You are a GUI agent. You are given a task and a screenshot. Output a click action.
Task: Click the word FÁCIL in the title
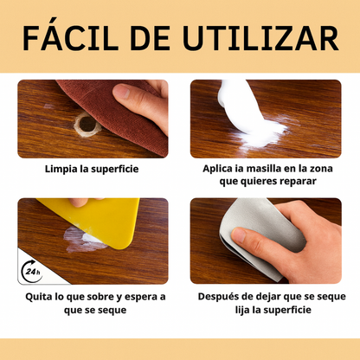click(70, 39)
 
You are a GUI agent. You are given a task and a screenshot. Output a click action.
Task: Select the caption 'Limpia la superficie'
click(91, 169)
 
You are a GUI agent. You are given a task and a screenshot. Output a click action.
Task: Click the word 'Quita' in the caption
click(40, 297)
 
